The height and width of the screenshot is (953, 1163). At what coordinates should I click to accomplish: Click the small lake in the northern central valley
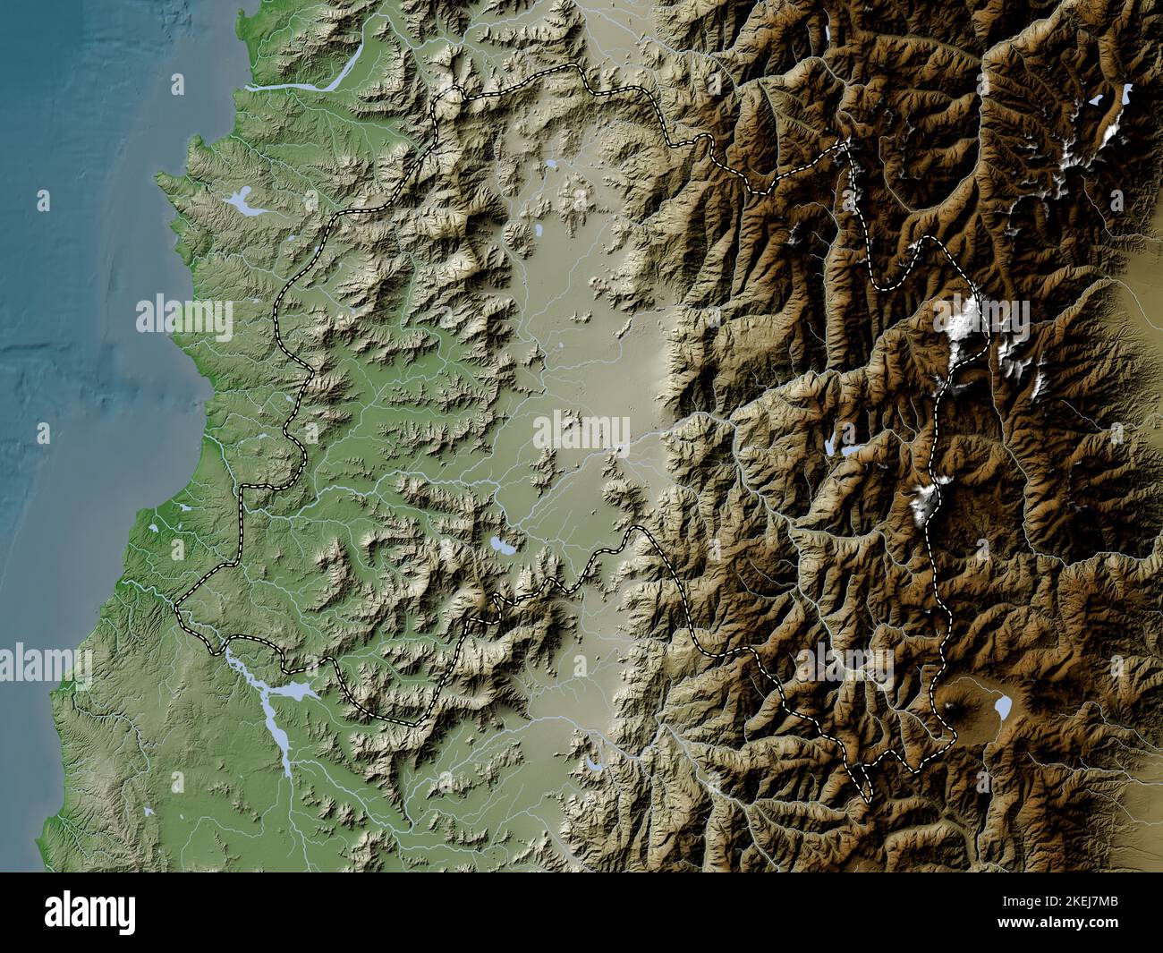(x=552, y=165)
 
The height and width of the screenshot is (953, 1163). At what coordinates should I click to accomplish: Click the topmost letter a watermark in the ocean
(x=177, y=85)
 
